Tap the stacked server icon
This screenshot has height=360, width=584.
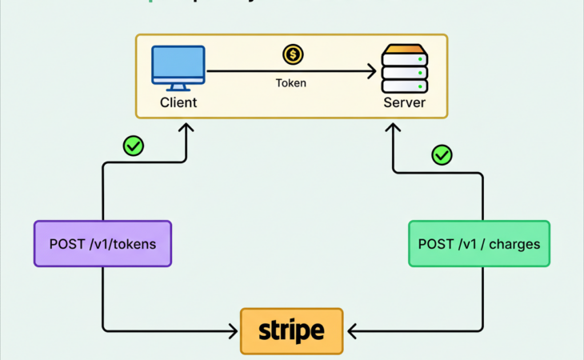pos(404,70)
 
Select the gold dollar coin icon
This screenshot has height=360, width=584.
pos(293,54)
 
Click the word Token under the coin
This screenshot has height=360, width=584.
pos(290,82)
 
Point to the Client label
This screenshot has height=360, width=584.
pos(178,103)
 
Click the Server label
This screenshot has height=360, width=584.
pos(404,103)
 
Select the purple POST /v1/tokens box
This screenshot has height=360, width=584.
pos(102,244)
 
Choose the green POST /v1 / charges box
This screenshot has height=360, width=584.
pos(479,244)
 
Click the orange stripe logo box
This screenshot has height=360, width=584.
pos(291,330)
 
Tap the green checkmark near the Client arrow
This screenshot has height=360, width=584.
pos(133,146)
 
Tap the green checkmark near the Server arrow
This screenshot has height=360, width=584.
pos(442,154)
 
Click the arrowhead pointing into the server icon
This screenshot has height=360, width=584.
pos(370,72)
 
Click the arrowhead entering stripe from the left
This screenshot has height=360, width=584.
pos(233,330)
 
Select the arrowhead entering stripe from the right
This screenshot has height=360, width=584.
pos(350,330)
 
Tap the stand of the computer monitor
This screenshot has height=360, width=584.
pos(178,87)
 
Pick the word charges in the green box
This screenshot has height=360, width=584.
pos(514,244)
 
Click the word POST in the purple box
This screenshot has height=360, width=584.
pos(67,244)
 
